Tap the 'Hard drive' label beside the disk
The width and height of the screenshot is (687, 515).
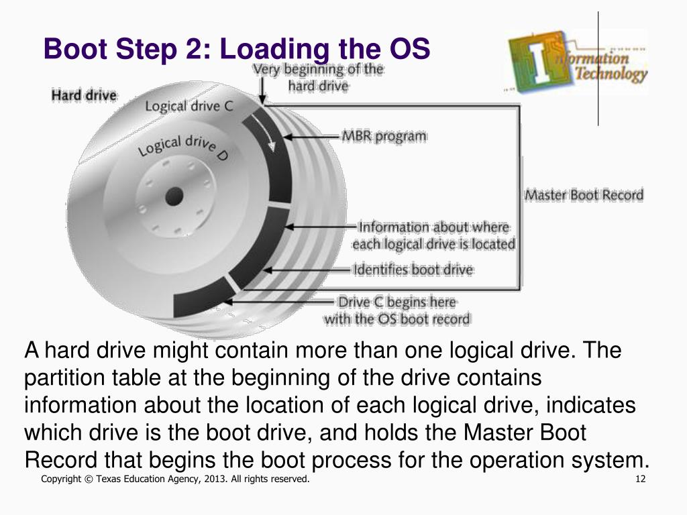[84, 96]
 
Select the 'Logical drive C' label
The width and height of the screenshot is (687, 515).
[189, 106]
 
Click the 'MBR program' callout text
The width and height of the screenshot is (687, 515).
[384, 136]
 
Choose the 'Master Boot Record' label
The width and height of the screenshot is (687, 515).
[583, 195]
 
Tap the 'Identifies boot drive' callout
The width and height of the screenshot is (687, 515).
[413, 270]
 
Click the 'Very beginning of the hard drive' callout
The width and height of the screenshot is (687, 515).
[318, 77]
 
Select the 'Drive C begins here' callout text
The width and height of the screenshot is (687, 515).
[397, 302]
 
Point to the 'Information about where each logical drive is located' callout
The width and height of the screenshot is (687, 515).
[433, 235]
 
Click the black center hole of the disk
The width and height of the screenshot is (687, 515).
[174, 196]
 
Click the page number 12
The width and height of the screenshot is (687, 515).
[639, 479]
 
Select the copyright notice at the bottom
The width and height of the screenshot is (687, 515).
[175, 479]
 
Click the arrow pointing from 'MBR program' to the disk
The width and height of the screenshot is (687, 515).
[312, 137]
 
